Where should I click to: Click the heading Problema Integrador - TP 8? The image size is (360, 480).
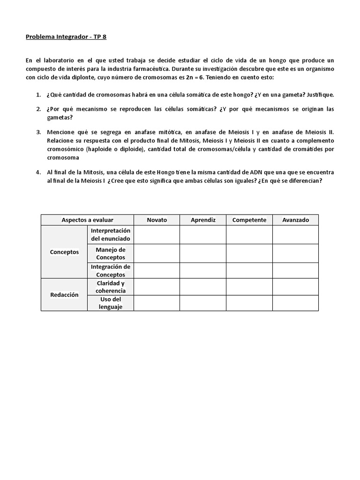point(66,37)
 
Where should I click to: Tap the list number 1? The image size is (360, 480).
point(38,95)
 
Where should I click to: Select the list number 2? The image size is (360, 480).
point(38,109)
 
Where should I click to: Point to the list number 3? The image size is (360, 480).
point(38,132)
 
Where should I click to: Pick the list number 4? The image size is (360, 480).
point(38,172)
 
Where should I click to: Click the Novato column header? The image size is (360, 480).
point(157,220)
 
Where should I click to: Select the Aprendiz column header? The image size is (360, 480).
point(203,220)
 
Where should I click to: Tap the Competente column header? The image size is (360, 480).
point(249,220)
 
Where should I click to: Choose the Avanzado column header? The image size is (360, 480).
point(295,220)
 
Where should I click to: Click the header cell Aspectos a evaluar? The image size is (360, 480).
point(87,220)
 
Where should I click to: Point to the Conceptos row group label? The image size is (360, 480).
point(64,252)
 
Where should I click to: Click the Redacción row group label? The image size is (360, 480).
point(64,295)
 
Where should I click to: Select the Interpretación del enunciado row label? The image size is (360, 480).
point(111,234)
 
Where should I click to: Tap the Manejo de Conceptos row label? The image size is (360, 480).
point(111,254)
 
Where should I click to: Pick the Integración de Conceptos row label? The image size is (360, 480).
point(111,270)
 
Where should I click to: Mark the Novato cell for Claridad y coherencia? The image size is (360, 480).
point(157,287)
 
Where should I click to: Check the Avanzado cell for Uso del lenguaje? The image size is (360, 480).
point(295,303)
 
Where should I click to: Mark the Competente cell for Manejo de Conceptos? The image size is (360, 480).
point(249,254)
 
